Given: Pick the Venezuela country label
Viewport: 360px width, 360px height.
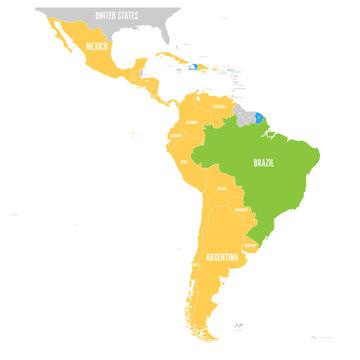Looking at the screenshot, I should (219, 104).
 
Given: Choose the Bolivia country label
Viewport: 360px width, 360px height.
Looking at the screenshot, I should (222, 187).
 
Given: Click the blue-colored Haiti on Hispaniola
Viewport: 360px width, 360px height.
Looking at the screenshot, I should (188, 67).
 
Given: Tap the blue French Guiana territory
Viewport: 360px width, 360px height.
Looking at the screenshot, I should (259, 117).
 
